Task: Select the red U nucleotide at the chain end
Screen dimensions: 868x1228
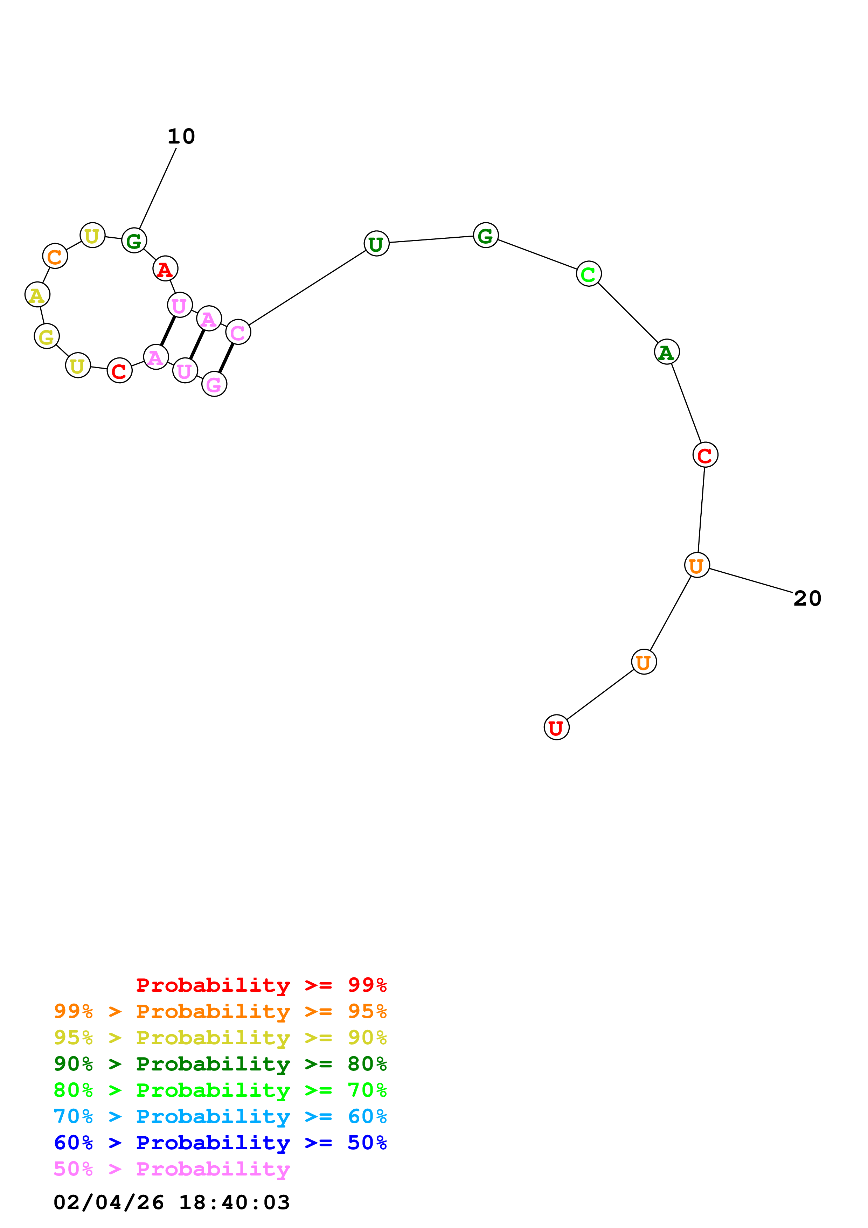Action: [556, 727]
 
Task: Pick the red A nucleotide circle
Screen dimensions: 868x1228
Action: [165, 269]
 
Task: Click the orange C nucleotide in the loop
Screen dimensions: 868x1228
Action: [55, 257]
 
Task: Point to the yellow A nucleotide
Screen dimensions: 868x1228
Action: [37, 295]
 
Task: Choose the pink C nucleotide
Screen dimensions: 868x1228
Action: [238, 333]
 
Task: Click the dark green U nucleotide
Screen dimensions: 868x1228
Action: [376, 244]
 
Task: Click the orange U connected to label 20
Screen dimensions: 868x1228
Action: [696, 565]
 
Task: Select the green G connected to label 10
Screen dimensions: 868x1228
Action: [134, 241]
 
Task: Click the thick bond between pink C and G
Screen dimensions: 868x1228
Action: [226, 358]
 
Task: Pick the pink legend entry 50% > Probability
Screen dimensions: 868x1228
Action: [172, 1169]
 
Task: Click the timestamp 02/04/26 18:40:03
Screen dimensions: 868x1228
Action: [172, 1202]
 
